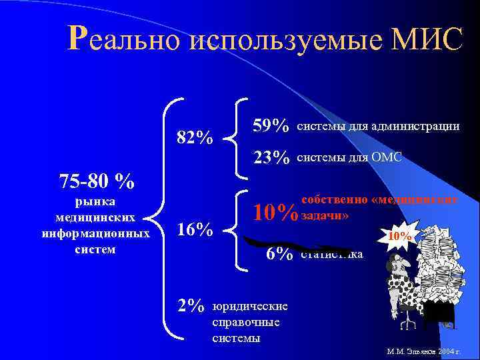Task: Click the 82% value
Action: point(195,138)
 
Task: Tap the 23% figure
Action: point(271,157)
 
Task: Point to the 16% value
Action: point(195,230)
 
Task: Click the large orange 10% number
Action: point(275,213)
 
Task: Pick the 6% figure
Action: point(279,254)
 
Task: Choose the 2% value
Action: point(191,305)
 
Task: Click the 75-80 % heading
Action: point(97,181)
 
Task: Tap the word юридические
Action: point(250,306)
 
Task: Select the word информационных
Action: point(95,233)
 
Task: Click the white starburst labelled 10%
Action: point(400,236)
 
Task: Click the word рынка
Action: point(95,201)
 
